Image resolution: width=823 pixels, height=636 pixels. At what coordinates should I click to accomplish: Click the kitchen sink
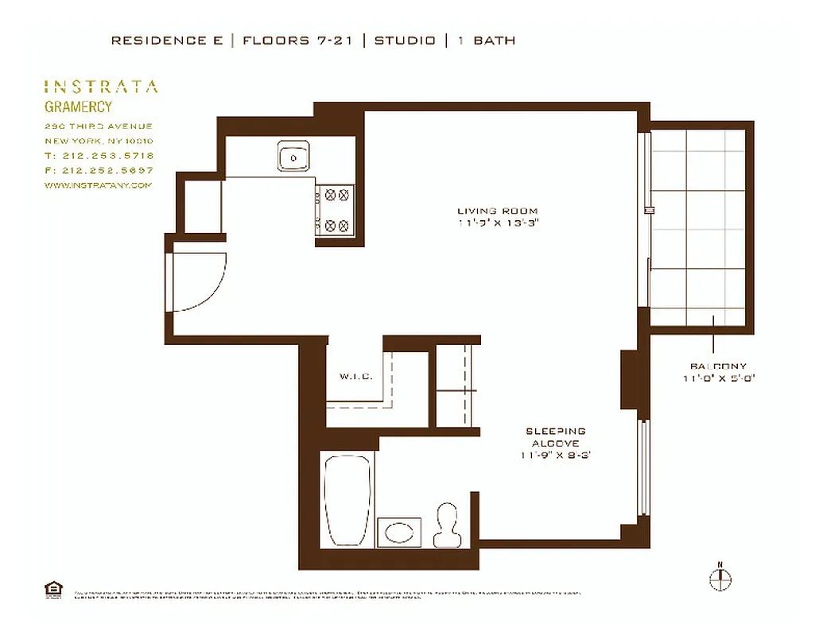point(293,157)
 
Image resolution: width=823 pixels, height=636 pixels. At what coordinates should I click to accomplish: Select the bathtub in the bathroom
point(347,500)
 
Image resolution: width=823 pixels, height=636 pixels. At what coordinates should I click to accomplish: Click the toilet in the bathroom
point(447,525)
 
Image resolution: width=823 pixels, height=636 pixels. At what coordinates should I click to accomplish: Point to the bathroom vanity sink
point(400,531)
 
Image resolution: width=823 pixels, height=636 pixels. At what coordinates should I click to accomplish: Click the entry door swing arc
point(201,281)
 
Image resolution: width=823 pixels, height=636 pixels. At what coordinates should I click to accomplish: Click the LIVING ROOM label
point(498,211)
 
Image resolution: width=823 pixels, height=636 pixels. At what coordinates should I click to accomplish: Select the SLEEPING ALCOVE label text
point(555,436)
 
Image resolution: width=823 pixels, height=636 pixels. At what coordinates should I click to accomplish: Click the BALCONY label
point(718,366)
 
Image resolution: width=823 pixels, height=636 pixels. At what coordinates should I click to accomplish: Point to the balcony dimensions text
point(718,378)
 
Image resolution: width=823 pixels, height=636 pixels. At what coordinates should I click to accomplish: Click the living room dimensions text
point(498,223)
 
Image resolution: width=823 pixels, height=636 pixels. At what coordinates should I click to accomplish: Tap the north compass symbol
point(720,578)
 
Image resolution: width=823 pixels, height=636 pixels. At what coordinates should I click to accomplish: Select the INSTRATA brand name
point(100,87)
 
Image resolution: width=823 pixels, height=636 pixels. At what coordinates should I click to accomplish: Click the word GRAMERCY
point(78,107)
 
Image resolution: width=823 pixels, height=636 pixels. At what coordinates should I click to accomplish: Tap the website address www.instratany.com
point(98,184)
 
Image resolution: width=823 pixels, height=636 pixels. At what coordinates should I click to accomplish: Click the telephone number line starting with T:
point(99,156)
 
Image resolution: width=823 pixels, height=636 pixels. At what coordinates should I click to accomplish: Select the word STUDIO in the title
point(405,41)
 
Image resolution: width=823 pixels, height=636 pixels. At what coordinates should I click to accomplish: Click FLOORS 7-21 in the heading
point(297,41)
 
